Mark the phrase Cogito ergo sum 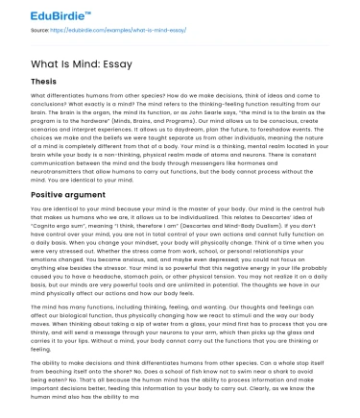[60, 251]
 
